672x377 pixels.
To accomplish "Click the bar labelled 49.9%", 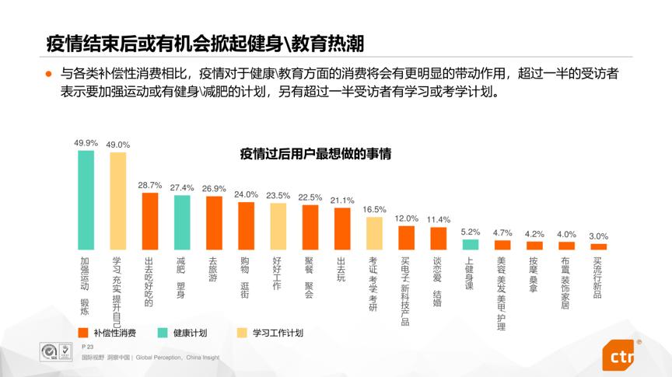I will (86, 200).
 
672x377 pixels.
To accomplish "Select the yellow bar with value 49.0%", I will (117, 201).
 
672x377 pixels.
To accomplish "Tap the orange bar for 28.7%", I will (150, 221).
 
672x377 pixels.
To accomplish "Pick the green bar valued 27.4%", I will (182, 222).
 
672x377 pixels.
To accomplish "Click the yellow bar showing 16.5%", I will (374, 232).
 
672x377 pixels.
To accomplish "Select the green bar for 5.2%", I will (470, 244).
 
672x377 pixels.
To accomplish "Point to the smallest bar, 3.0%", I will (598, 246).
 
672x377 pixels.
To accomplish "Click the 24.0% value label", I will (246, 194).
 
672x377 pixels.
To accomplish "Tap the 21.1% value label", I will (342, 200).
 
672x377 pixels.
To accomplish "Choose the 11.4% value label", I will (439, 219).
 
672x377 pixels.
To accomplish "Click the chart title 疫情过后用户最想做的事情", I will (315, 154).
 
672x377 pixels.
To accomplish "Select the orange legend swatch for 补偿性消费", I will (84, 333).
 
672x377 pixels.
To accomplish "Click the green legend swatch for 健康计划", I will (163, 333).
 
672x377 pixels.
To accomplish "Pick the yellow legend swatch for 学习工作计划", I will (242, 333).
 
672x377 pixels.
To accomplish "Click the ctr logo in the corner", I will (622, 358).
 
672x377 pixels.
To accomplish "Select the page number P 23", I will (87, 346).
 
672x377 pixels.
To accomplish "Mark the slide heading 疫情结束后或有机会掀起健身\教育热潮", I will (194, 42).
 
